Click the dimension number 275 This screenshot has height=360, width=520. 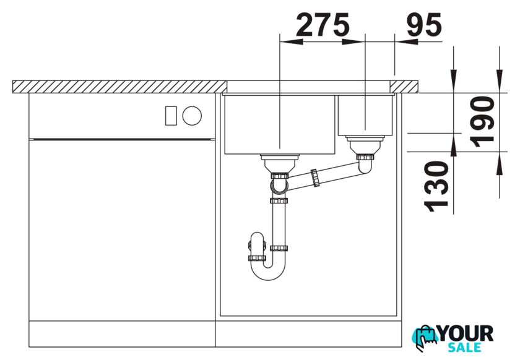point(323,25)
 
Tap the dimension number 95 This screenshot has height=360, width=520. point(424,25)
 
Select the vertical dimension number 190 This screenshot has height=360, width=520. point(482,122)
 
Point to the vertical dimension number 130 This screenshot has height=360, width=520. point(436,186)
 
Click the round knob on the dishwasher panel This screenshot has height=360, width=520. point(192,116)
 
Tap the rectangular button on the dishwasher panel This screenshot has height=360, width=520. point(171,116)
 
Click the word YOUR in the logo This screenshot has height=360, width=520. point(466,333)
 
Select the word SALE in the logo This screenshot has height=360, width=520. point(464,348)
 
